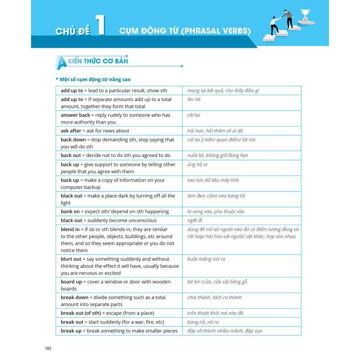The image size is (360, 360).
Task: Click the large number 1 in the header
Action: coord(101,25)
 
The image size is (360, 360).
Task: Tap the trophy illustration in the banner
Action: coord(305,15)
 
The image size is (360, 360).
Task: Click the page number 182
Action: coord(48,348)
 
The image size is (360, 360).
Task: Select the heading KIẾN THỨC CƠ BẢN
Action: coord(98,61)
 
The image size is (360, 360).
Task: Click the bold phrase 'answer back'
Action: coord(75,115)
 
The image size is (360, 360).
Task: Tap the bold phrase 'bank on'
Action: coord(70,212)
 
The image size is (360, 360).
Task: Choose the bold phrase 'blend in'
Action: coord(70,229)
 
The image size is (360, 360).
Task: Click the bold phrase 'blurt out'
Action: coord(71,259)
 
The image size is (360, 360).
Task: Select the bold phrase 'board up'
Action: coord(71,282)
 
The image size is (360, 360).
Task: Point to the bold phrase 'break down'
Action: coord(75,297)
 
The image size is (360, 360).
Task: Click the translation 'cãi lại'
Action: coord(194,115)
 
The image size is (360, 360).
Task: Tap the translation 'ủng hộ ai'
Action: coord(197,165)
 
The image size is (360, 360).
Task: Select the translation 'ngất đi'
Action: coord(195,220)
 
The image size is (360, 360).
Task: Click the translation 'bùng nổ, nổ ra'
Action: coord(203,322)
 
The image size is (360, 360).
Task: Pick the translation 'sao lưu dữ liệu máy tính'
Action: coord(213,180)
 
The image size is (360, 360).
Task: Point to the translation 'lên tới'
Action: coord(194,99)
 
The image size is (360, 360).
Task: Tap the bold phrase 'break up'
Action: coord(71,331)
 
